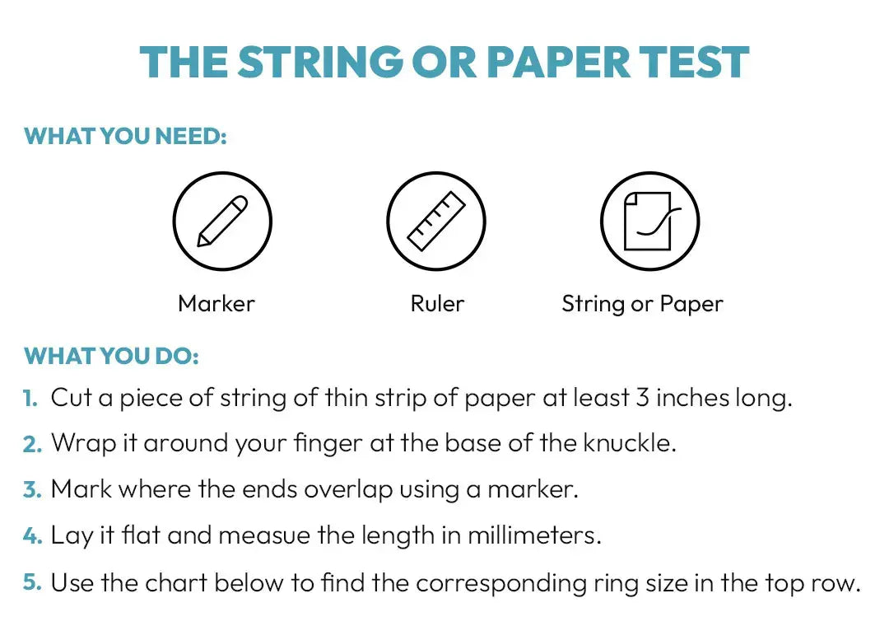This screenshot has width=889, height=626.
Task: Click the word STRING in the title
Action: coord(320,62)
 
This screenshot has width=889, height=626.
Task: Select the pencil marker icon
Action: coord(222,221)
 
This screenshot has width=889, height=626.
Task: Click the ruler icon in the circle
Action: coord(436,221)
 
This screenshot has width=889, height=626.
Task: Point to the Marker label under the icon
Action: coord(216,304)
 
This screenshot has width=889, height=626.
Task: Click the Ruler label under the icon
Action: coord(437,304)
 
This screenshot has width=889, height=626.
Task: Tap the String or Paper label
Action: coord(642,304)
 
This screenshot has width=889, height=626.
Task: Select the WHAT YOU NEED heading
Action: coord(125,136)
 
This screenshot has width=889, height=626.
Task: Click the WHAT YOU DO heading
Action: coord(112,357)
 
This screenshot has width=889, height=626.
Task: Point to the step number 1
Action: coord(30,398)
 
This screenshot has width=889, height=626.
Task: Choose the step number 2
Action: coord(33,444)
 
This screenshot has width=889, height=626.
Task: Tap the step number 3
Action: coord(33,490)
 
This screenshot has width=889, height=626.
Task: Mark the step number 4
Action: coord(33,535)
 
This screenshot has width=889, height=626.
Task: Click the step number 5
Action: coord(33,583)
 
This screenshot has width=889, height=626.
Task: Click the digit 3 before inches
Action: coord(642,398)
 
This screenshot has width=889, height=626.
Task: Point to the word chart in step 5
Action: coord(176,583)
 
